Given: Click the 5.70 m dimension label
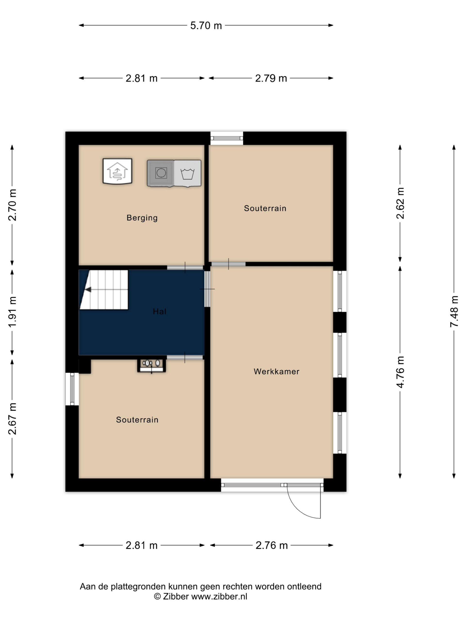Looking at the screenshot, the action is pos(206,25).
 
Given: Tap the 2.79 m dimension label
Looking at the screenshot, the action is pos(271,78).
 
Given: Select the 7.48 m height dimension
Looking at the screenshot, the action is pos(454,311).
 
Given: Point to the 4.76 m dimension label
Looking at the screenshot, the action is pos(400,372).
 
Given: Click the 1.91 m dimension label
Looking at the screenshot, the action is pos(12,312).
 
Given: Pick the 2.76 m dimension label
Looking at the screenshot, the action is pos(272,545).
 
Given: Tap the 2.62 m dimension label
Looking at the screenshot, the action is pos(400,203).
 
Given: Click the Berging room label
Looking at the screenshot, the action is pos(142,218).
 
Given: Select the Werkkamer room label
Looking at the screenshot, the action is pos(276,371).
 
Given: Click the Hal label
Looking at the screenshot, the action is pos(159,311).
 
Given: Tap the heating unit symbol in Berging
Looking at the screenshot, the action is pos(117,171).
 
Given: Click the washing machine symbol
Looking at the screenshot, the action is pos(187,173).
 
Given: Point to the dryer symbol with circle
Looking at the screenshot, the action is pos(161,173).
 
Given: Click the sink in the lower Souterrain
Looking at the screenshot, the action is pos(151,366).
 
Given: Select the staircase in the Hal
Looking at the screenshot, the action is pos(104,290).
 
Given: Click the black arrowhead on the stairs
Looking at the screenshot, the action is pos(88,289).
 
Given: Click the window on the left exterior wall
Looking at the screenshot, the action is pos(72,389).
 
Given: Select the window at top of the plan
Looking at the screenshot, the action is pos(227,138).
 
